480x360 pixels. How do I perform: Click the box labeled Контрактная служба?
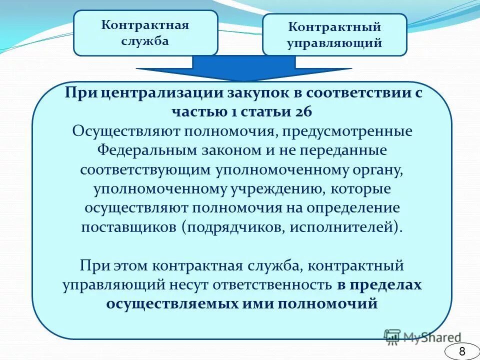(145, 33)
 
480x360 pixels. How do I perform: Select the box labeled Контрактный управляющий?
(334, 35)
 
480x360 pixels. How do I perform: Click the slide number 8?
(461, 351)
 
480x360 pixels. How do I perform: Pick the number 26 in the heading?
(302, 111)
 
